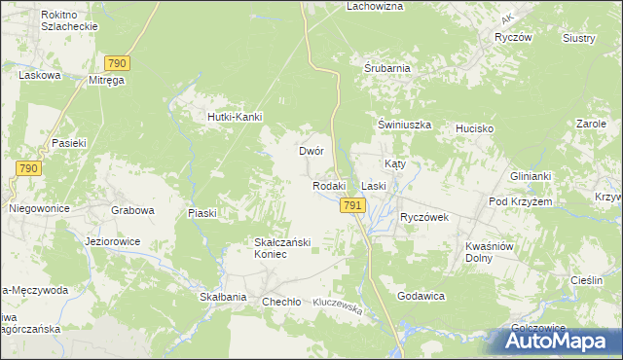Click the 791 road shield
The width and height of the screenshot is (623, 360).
click(352, 205)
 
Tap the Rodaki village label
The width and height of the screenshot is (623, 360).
click(329, 186)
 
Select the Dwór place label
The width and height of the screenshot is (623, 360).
click(311, 152)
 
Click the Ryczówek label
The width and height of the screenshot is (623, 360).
click(423, 217)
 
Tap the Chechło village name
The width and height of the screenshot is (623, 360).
click(280, 302)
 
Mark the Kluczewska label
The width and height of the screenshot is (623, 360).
click(337, 306)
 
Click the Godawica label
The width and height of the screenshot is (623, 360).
click(421, 295)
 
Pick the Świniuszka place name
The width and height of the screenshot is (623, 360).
click(404, 126)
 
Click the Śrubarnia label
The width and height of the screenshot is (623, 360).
click(386, 69)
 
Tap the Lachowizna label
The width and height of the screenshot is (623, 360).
click(375, 6)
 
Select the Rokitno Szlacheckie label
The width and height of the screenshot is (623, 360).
click(69, 21)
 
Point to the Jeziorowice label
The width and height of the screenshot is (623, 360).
click(113, 241)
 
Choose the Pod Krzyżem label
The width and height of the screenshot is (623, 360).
click(521, 201)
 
